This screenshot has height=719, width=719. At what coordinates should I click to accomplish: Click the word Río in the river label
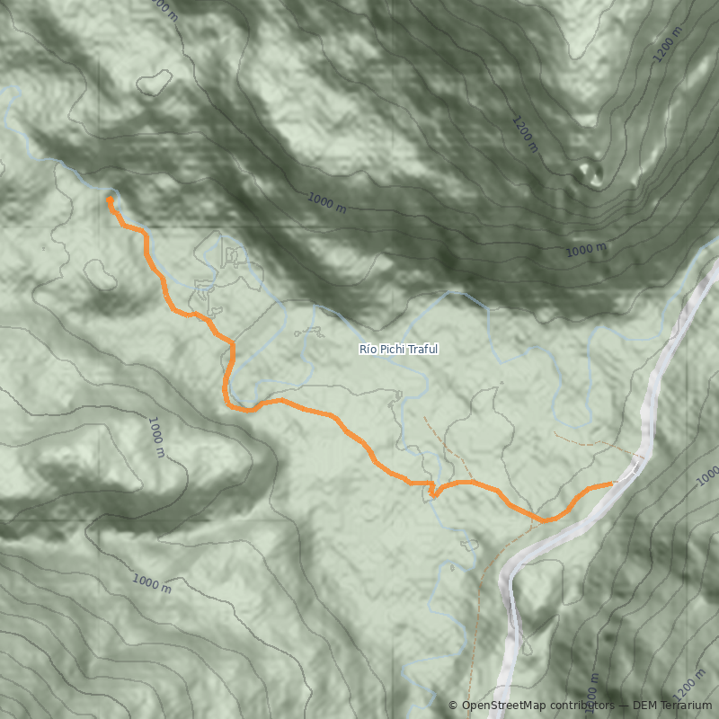click(368, 349)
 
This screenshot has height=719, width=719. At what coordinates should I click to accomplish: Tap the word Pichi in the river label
click(393, 349)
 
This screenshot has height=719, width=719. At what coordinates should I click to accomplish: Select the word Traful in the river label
click(422, 349)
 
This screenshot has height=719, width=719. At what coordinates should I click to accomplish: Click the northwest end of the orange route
click(109, 200)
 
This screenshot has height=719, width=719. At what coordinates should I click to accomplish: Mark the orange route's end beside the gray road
click(612, 484)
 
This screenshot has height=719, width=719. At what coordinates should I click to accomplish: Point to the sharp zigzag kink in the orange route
click(432, 491)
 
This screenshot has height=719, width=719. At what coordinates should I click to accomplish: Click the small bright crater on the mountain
click(590, 171)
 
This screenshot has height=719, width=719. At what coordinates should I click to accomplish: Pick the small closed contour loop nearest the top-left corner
click(155, 83)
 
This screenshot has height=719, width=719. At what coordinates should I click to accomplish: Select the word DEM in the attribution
click(646, 706)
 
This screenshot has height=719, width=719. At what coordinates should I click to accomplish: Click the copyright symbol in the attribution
click(453, 706)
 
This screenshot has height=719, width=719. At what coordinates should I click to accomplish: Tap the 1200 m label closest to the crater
click(527, 134)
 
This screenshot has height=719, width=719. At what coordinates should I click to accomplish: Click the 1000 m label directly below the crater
click(585, 249)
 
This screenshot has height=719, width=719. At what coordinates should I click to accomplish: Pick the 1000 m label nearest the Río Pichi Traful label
click(327, 203)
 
